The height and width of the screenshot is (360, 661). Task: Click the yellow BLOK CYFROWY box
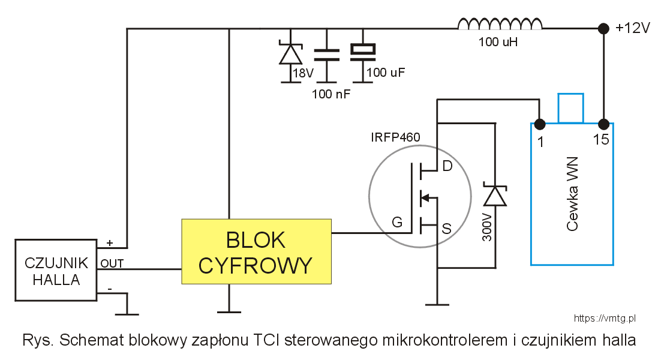256,252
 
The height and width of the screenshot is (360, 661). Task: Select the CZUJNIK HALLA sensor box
56,271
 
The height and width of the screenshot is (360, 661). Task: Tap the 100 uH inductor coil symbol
500,24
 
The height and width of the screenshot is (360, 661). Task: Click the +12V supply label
633,28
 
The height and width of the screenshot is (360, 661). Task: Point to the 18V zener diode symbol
292,54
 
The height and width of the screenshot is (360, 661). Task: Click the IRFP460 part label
395,137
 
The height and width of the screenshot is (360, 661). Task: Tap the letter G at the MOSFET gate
396,223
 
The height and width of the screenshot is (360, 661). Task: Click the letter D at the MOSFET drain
447,166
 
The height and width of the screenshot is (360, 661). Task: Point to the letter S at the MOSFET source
446,228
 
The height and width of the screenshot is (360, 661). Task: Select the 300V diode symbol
495,196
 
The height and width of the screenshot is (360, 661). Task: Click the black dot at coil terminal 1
540,124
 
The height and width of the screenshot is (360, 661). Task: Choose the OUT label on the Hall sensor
112,263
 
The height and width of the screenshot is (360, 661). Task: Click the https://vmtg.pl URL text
604,319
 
